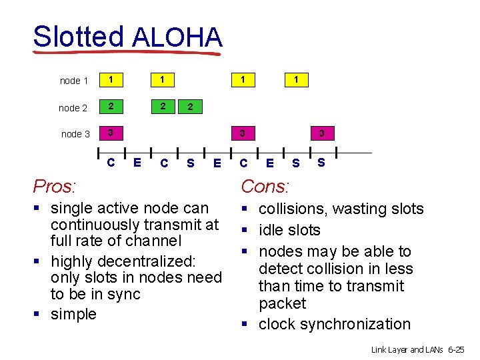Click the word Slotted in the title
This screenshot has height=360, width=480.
coord(78,37)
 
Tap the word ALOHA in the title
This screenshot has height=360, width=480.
coord(177,37)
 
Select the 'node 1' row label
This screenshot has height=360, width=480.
coord(74,81)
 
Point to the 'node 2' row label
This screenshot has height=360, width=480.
coord(73,107)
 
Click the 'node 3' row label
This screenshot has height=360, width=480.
coord(75,134)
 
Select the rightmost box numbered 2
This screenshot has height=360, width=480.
coord(191,107)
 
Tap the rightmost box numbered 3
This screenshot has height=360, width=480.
coord(321,133)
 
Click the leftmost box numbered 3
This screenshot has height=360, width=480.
coord(111,133)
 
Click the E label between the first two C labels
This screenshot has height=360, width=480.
coord(137,161)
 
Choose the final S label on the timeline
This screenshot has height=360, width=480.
coord(321,161)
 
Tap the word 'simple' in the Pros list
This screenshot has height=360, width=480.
coord(73,313)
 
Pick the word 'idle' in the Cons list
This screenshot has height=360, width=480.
coord(272,230)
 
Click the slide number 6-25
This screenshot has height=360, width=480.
coord(457,349)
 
